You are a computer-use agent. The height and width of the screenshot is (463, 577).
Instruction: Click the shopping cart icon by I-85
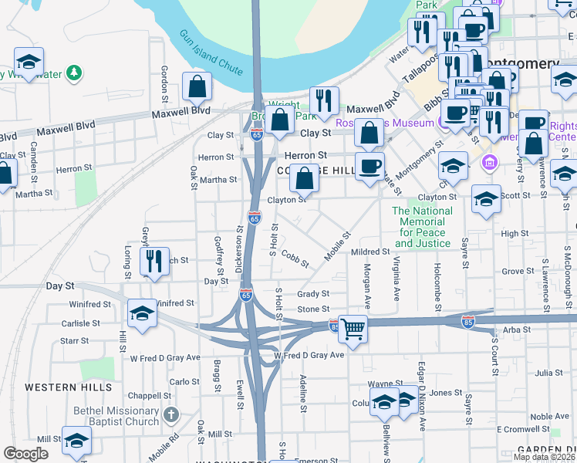353,329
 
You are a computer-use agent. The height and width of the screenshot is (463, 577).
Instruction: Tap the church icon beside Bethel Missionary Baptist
171,416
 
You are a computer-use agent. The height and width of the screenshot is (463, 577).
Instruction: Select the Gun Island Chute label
211,53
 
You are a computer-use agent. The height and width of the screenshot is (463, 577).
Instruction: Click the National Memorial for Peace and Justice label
422,227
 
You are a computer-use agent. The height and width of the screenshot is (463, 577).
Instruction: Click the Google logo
25,454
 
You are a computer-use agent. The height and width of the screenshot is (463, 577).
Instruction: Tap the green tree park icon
74,73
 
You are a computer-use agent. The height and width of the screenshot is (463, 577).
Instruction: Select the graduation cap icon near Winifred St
142,313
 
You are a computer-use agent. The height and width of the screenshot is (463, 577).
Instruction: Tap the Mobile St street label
337,245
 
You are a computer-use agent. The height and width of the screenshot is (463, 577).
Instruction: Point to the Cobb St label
295,259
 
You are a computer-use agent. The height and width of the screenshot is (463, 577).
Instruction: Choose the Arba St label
512,330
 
